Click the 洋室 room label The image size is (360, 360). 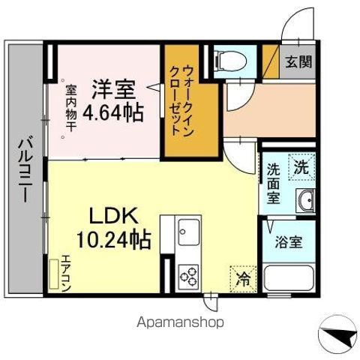point(113,88)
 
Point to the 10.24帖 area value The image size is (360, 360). point(114,239)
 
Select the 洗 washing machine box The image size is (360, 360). point(300,165)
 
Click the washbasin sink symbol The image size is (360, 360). point(305,200)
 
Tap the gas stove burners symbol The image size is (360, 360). point(188,276)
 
